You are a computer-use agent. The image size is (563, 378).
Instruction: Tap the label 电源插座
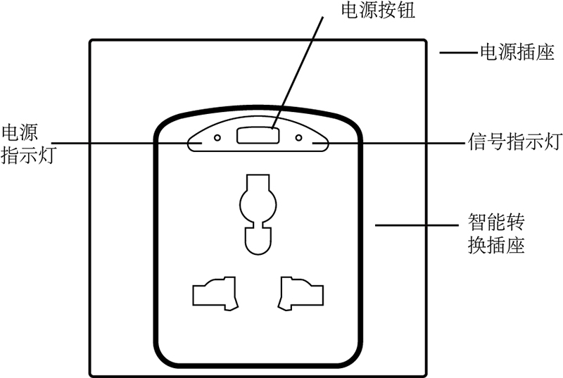(517, 53)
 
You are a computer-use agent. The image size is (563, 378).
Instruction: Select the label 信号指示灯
(515, 141)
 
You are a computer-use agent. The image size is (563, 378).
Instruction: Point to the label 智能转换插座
(496, 234)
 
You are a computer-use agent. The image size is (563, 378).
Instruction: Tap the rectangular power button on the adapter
(258, 136)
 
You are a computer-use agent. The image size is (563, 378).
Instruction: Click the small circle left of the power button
(217, 137)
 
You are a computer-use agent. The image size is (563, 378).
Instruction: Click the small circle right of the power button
(298, 137)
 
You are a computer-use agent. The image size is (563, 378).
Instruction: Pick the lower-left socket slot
(215, 294)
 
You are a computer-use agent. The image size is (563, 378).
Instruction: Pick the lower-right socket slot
(301, 294)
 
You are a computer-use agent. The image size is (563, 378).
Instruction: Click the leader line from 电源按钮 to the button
(298, 73)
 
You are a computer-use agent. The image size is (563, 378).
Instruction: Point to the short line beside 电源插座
(460, 53)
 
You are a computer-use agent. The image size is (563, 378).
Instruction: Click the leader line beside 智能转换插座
(417, 225)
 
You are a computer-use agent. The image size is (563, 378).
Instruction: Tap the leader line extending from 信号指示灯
(389, 143)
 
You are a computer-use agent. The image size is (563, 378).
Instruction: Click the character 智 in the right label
(477, 222)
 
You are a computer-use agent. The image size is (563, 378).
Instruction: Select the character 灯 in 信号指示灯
(553, 141)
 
